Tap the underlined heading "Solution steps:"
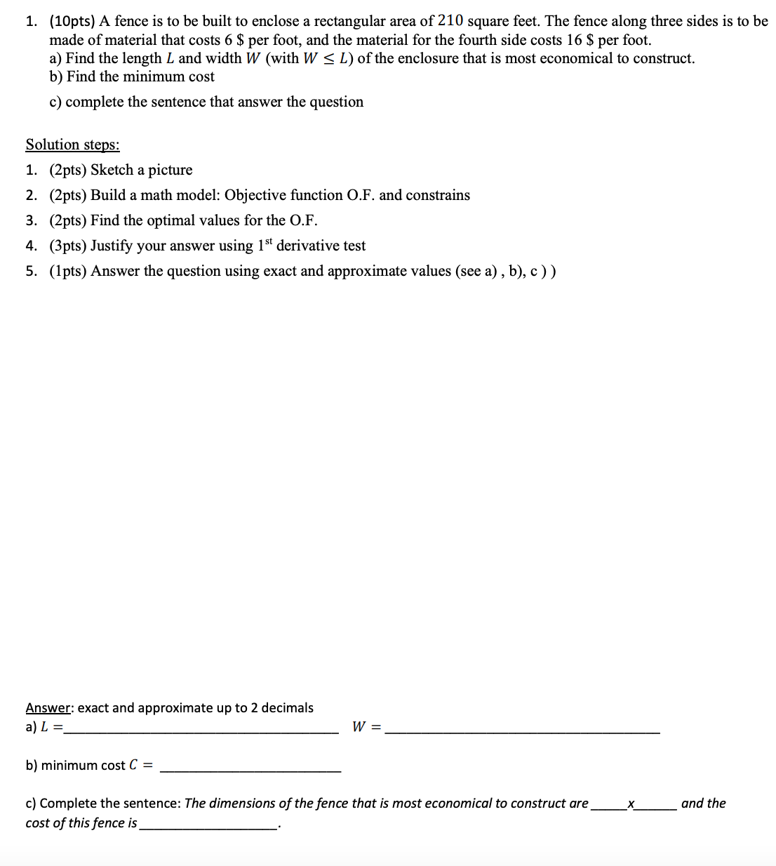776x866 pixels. tap(72, 145)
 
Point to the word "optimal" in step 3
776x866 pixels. tap(172, 220)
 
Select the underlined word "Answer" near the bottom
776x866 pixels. tap(48, 707)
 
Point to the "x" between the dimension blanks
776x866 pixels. tap(631, 804)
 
